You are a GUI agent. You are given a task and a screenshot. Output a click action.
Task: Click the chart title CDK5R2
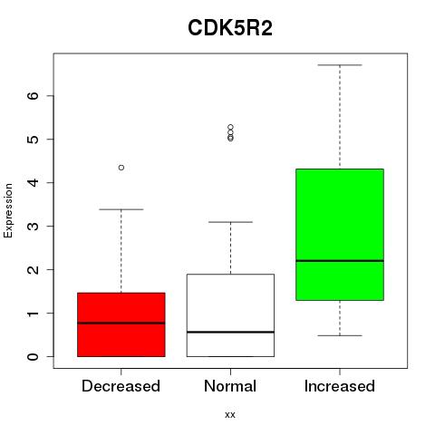coord(230,28)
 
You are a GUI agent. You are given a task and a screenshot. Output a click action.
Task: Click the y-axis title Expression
coord(8,210)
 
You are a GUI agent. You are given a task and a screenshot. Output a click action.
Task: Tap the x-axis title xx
coord(230,414)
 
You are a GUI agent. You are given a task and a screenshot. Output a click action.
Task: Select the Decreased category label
coord(121,386)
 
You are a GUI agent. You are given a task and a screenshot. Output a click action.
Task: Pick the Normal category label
coord(230,386)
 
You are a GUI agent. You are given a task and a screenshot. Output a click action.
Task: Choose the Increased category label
coord(340,386)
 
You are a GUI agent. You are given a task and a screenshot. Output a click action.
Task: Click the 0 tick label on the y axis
coord(34,357)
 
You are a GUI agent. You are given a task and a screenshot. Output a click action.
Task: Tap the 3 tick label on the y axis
coord(34,227)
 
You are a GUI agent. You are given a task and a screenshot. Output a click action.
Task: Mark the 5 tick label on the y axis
coord(34,140)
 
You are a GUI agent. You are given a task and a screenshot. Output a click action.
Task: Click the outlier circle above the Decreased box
coord(121,168)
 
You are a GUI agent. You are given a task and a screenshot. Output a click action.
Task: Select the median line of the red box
coord(121,323)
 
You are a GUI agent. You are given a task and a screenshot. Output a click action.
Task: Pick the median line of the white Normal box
coord(230,332)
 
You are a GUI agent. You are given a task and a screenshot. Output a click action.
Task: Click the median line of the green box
coord(340,260)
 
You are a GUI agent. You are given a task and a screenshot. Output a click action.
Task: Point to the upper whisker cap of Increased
coord(340,65)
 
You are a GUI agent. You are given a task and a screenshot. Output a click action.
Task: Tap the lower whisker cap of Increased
coord(340,335)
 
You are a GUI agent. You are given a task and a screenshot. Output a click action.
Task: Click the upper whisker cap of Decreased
coord(121,209)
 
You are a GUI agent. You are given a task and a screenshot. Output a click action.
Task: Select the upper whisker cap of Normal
coord(230,222)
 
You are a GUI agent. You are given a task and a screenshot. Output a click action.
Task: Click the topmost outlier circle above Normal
coord(230,127)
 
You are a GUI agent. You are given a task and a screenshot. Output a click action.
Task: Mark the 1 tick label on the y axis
coord(34,314)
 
